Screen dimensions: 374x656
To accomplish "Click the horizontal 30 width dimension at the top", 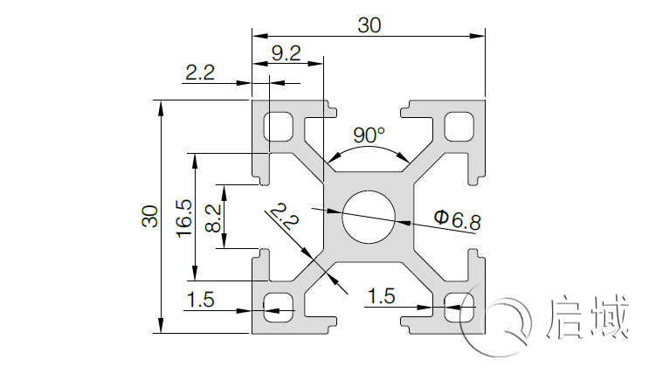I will pyautogui.click(x=369, y=26).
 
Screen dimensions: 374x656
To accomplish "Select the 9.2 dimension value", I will pyautogui.click(x=287, y=53).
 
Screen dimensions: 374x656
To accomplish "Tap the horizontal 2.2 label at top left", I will pyautogui.click(x=200, y=73).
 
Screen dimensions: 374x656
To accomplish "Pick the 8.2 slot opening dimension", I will pyautogui.click(x=212, y=217).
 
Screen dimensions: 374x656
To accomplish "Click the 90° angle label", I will pyautogui.click(x=369, y=135).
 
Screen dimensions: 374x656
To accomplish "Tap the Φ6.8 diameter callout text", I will pyautogui.click(x=457, y=219).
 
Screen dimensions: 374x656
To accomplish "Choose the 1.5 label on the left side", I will pyautogui.click(x=200, y=299).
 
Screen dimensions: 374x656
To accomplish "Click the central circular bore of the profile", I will pyautogui.click(x=369, y=217).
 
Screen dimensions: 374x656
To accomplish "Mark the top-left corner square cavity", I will pyautogui.click(x=280, y=127).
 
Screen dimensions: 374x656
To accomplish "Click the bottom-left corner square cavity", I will pyautogui.click(x=280, y=306).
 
